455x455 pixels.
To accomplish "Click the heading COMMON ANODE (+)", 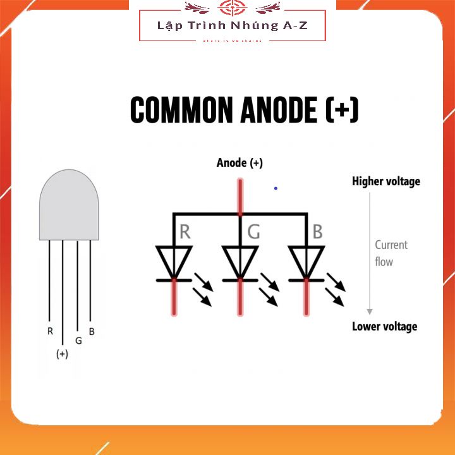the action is (x=245, y=110).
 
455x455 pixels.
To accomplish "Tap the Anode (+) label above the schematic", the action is (x=240, y=163).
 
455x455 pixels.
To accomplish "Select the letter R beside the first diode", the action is (x=185, y=232).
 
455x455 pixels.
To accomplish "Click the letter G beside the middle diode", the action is (x=253, y=232).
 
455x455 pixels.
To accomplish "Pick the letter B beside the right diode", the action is (x=317, y=232).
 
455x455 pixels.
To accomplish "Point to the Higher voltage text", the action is (x=385, y=181).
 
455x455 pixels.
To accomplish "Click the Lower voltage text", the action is (x=384, y=326).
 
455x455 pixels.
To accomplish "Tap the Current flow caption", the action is (x=391, y=253).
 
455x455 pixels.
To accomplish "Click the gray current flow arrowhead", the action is (x=370, y=311).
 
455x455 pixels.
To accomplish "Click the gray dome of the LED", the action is (x=69, y=205).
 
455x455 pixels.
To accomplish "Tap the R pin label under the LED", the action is (x=50, y=331).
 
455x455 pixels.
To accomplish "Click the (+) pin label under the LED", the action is (x=62, y=354).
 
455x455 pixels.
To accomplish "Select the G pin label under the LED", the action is (x=78, y=341).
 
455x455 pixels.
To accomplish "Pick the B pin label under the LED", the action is (x=92, y=331).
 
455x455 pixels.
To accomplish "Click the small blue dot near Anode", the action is (x=276, y=188).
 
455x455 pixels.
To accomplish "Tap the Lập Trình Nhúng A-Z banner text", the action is (x=233, y=26).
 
